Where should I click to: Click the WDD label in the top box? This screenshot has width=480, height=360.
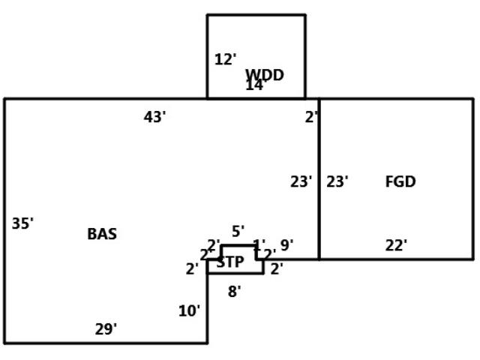pyautogui.click(x=265, y=74)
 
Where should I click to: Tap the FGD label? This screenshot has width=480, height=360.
pyautogui.click(x=400, y=181)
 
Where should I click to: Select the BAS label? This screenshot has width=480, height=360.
pyautogui.click(x=102, y=233)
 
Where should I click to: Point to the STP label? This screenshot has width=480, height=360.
pyautogui.click(x=229, y=262)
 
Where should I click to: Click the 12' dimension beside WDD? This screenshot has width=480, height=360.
pyautogui.click(x=225, y=59)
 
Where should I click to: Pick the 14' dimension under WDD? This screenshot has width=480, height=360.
pyautogui.click(x=255, y=85)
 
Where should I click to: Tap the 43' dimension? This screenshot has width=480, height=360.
pyautogui.click(x=154, y=116)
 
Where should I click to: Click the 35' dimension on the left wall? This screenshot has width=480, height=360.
pyautogui.click(x=22, y=223)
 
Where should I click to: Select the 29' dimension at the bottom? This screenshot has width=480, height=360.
pyautogui.click(x=106, y=328)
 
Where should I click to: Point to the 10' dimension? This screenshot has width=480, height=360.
pyautogui.click(x=189, y=310)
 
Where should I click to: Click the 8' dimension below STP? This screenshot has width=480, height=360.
pyautogui.click(x=234, y=292)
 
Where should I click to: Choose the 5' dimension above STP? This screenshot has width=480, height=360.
pyautogui.click(x=238, y=231)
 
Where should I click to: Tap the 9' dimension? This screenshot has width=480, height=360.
pyautogui.click(x=286, y=245)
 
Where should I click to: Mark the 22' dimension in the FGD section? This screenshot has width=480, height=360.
pyautogui.click(x=396, y=245)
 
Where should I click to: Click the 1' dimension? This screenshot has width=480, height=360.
pyautogui.click(x=259, y=244)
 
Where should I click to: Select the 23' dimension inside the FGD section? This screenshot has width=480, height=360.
pyautogui.click(x=337, y=181)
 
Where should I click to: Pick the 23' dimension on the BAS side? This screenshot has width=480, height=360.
pyautogui.click(x=301, y=181)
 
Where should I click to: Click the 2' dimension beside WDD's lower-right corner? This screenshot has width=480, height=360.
pyautogui.click(x=311, y=116)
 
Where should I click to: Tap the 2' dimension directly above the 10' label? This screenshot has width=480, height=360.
pyautogui.click(x=192, y=268)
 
